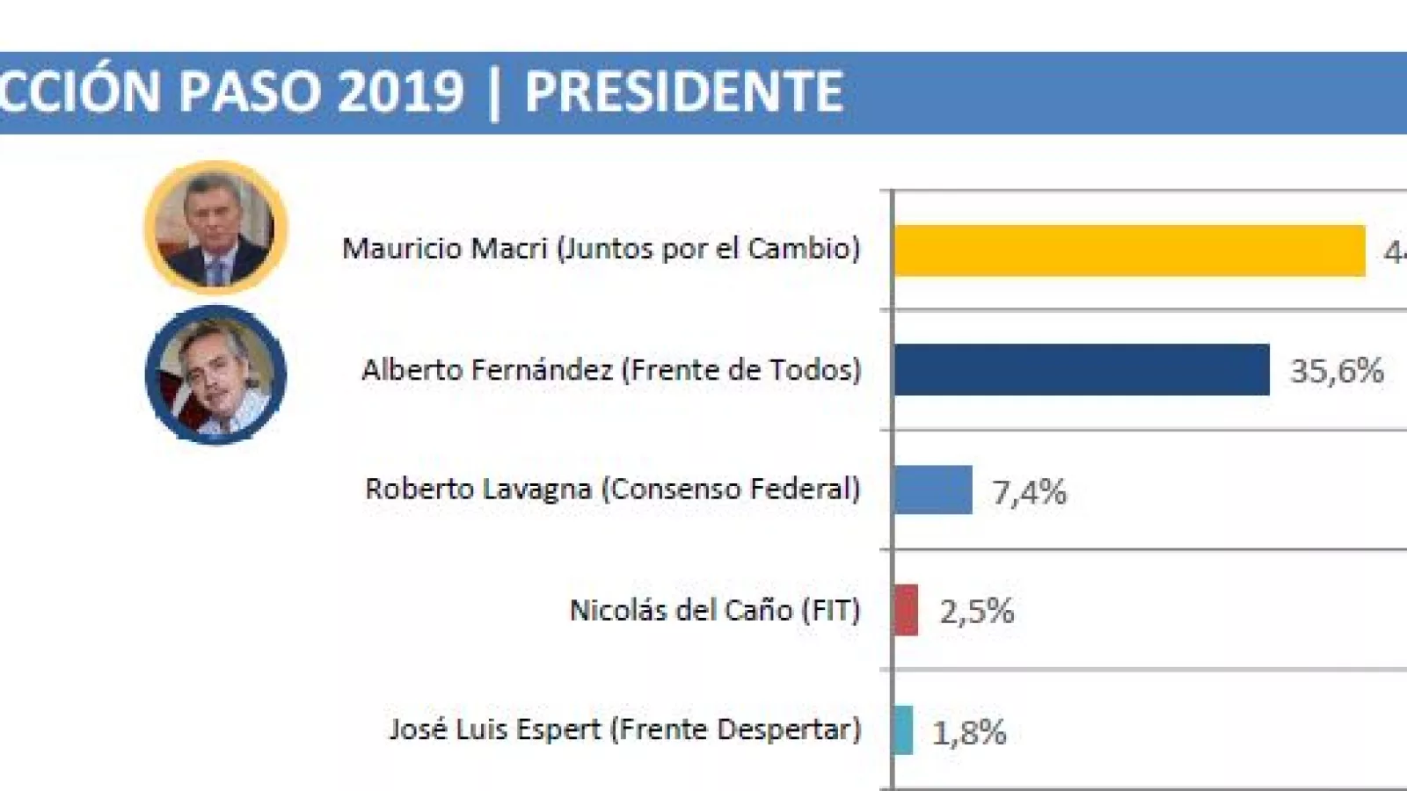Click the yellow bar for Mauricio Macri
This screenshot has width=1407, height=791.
click(x=1129, y=250)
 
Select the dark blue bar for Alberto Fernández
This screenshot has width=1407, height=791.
click(x=1082, y=369)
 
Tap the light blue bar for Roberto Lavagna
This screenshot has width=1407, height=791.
click(x=933, y=490)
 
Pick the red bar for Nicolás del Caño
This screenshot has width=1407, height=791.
click(x=906, y=609)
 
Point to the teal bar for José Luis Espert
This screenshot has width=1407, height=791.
click(x=903, y=729)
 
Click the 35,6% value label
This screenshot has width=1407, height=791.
click(x=1337, y=371)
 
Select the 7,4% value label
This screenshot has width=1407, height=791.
click(x=1029, y=492)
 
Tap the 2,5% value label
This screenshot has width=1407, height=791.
click(x=976, y=611)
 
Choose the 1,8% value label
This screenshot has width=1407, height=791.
click(x=969, y=732)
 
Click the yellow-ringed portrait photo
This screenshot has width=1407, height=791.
click(x=215, y=227)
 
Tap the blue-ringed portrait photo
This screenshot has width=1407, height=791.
click(x=215, y=374)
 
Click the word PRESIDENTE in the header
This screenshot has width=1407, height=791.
click(x=683, y=91)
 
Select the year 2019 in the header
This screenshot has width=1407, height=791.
click(x=400, y=91)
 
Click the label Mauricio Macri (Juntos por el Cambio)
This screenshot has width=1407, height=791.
click(x=601, y=249)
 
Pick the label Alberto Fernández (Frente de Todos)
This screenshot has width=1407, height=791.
click(x=611, y=370)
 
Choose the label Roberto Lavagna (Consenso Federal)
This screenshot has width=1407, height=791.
click(x=612, y=489)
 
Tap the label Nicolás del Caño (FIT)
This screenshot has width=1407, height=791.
click(x=714, y=610)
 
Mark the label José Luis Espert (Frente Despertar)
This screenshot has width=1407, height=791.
click(x=624, y=729)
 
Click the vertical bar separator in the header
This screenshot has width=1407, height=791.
click(x=493, y=93)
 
